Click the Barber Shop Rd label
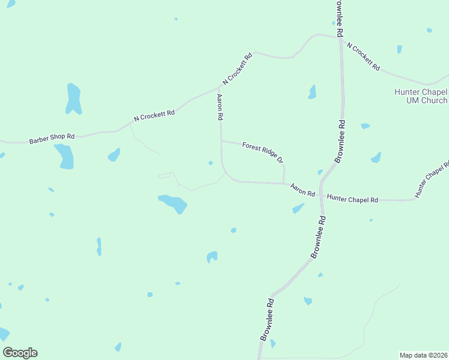click(x=52, y=139)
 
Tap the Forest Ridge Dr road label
click(x=262, y=152)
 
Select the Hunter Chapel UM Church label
click(x=421, y=96)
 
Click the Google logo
click(x=20, y=353)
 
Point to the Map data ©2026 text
click(x=423, y=355)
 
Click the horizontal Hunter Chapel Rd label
click(x=352, y=199)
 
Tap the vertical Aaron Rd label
click(x=220, y=107)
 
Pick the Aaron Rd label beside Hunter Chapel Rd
click(x=303, y=190)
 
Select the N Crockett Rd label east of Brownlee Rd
click(x=363, y=57)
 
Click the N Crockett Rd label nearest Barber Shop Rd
click(x=154, y=115)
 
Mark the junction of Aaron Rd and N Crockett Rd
click(x=219, y=86)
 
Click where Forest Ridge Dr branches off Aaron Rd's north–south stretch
click(x=221, y=142)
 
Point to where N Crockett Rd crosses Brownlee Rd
click(x=340, y=38)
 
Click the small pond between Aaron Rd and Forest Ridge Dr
click(x=210, y=163)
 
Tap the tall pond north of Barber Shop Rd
click(x=73, y=99)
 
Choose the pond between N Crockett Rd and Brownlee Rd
click(x=312, y=92)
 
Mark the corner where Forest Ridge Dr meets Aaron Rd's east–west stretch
click(x=284, y=184)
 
